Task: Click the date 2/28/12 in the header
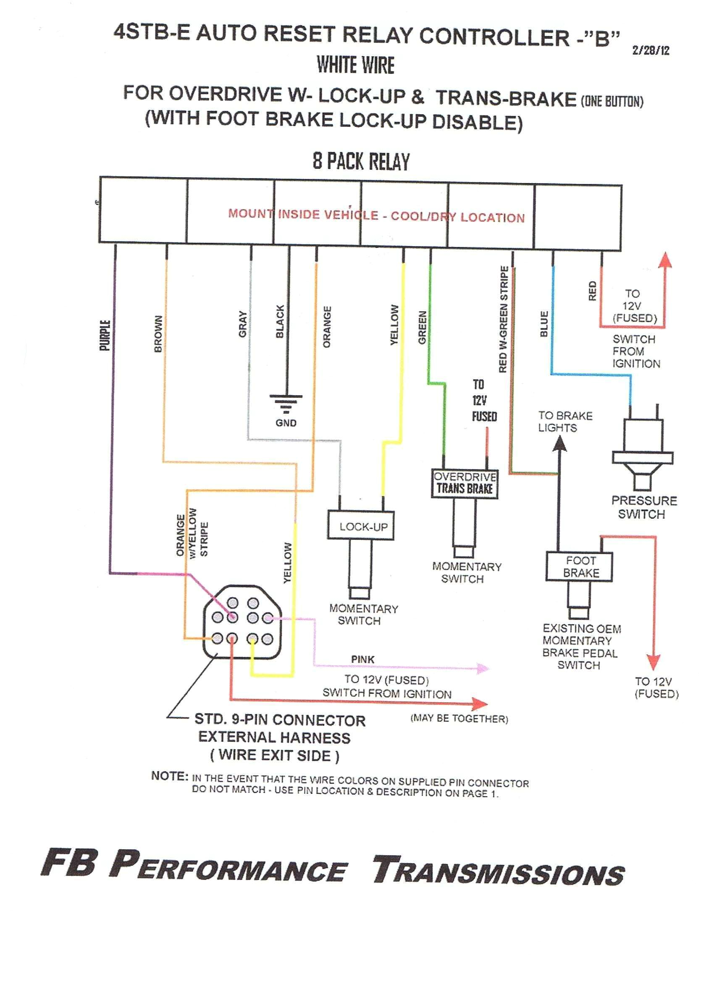tap(650, 50)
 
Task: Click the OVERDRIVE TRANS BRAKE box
tap(465, 483)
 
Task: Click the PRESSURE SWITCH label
tap(643, 507)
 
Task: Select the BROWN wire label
tap(158, 333)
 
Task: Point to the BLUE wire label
tap(544, 323)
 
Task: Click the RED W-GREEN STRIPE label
tap(503, 319)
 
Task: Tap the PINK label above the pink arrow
tap(362, 659)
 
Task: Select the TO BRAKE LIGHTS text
tap(564, 421)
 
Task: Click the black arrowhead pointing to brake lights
tap(560, 444)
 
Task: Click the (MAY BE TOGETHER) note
tap(459, 719)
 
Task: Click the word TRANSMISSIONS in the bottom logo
tap(498, 871)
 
